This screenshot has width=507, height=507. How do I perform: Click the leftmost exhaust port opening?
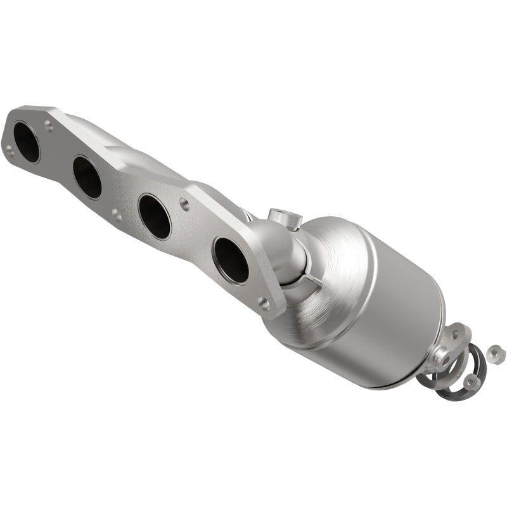27,142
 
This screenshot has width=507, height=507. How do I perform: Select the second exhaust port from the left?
87,177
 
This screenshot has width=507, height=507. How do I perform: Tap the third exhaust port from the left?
154,215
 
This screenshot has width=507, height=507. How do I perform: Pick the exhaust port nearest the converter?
231,259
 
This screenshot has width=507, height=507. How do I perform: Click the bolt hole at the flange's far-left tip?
9,149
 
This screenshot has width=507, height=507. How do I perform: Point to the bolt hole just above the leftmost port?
49,126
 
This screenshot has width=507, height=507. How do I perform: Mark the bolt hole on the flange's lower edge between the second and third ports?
116,215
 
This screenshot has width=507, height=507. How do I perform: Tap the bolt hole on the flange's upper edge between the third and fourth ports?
184,203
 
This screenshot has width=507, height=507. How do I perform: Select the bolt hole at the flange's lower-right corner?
264,304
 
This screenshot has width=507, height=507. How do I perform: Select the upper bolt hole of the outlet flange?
454,334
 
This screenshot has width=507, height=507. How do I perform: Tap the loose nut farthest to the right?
496,350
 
